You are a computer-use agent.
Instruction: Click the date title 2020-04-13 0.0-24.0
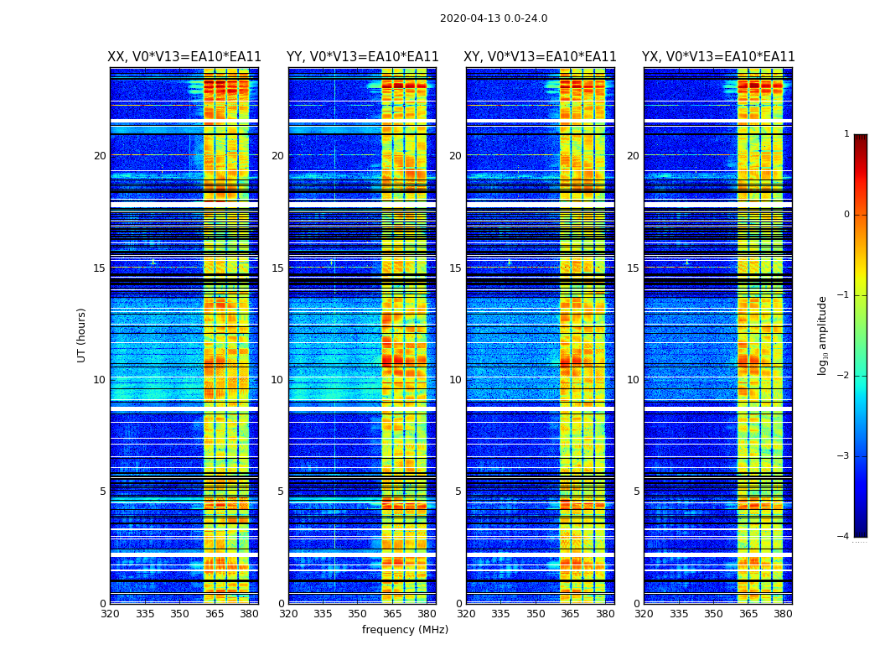[494, 18]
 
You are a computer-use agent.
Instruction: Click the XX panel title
[184, 57]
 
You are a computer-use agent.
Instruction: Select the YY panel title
[362, 57]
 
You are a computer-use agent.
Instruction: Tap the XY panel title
[540, 57]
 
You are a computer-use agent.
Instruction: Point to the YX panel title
[718, 57]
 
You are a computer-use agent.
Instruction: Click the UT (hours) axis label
[81, 335]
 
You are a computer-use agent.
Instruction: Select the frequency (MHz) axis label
[405, 630]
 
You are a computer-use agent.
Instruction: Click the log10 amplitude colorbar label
[823, 335]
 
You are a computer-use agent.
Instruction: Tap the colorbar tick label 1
[846, 134]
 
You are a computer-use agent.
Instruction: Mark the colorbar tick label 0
[846, 215]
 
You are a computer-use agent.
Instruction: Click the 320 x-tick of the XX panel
[110, 614]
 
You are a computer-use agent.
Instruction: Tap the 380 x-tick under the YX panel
[783, 614]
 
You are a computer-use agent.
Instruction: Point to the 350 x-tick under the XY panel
[536, 614]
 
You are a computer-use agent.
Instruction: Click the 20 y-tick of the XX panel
[100, 156]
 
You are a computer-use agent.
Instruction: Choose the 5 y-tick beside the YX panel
[636, 492]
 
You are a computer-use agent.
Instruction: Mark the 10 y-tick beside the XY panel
[455, 380]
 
